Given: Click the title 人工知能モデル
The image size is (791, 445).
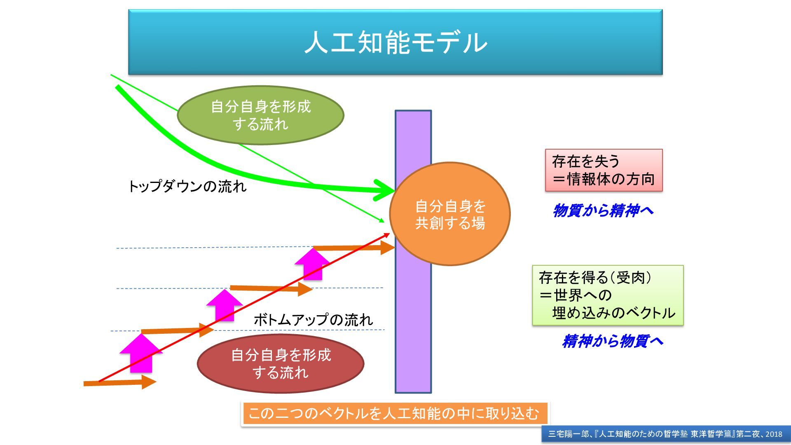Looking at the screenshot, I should tap(395, 42).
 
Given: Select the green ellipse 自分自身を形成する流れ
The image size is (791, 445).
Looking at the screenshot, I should tap(260, 115).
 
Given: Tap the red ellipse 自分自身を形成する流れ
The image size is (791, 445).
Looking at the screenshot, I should tap(281, 363).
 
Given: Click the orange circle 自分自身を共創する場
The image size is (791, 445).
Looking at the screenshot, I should tap(450, 214).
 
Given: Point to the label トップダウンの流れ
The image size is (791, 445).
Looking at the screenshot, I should tap(187, 187).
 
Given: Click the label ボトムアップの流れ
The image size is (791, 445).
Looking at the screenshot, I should tap(313, 320).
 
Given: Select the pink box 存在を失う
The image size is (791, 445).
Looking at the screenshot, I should tap(604, 170).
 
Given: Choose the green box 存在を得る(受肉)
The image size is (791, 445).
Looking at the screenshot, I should tap(608, 295).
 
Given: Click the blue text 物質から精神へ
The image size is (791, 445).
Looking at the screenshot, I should tap(603, 211).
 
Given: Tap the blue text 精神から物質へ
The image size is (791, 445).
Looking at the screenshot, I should tap(613, 341).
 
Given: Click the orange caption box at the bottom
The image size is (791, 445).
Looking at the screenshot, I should tap(394, 413).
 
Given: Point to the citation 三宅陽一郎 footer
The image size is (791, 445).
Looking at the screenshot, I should tap(665, 434).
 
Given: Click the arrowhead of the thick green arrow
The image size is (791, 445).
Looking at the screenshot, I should tap(385, 190).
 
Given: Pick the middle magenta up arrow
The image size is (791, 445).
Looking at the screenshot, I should tap(225, 305).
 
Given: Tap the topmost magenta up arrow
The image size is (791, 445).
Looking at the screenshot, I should tap(312, 264).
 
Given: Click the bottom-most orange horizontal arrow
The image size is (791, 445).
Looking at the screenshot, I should tap(119, 382).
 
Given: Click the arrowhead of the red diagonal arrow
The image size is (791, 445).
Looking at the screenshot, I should tap(386, 234).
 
